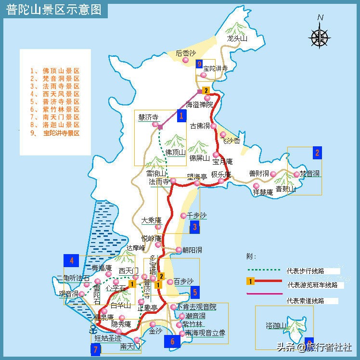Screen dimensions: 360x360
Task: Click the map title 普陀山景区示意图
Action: (x=54, y=10)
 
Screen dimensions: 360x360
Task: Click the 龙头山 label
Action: (x=237, y=39)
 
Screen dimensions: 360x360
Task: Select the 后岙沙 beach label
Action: (x=186, y=53)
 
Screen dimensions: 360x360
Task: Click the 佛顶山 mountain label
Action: (x=175, y=153)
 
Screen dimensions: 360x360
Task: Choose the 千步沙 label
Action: (x=196, y=215)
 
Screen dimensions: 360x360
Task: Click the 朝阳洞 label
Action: (x=192, y=250)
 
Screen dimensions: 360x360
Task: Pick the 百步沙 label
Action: (x=183, y=281)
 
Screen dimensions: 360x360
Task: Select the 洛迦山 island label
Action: (x=276, y=325)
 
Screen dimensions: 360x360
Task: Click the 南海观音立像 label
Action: (x=205, y=333)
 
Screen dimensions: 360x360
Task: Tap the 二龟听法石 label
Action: (x=73, y=278)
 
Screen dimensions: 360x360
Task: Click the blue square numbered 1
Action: (x=181, y=116)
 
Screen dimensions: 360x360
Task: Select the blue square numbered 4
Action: (x=72, y=261)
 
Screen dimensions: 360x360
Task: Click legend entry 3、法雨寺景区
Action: (x=54, y=86)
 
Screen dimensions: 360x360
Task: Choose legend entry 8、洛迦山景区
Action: (x=54, y=125)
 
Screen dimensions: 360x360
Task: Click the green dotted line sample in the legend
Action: (x=264, y=270)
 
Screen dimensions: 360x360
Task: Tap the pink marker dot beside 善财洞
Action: (x=273, y=174)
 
